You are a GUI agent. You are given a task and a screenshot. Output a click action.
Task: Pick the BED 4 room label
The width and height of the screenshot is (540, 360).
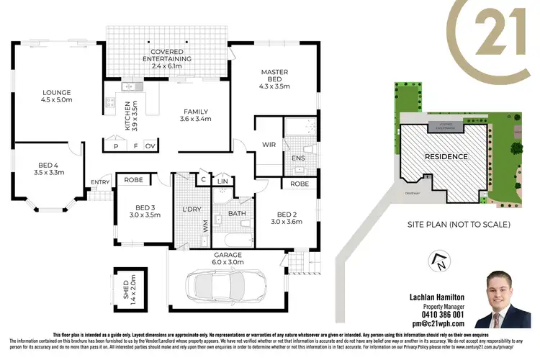(x=49, y=168)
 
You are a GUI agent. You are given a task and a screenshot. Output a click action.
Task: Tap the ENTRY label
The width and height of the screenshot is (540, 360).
(x=99, y=182)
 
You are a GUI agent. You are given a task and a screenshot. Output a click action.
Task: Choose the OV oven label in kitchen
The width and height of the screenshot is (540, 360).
(x=150, y=145)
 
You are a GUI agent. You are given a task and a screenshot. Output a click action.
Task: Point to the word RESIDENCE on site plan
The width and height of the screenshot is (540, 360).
(x=446, y=156)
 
